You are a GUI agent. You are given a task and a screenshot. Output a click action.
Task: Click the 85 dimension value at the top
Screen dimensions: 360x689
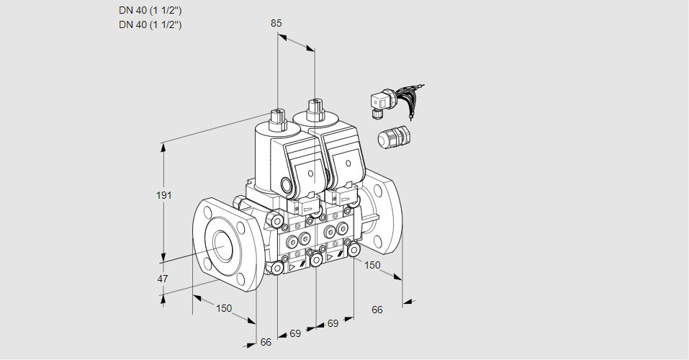coord(276,23)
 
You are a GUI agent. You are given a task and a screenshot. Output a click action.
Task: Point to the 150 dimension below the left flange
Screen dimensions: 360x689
coord(224,308)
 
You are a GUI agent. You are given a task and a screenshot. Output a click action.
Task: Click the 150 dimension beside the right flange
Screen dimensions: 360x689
coord(371,265)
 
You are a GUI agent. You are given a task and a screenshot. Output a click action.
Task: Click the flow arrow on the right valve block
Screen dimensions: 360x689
coord(330,257)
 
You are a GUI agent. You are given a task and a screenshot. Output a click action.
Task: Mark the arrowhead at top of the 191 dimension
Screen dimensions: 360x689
coord(164,147)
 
